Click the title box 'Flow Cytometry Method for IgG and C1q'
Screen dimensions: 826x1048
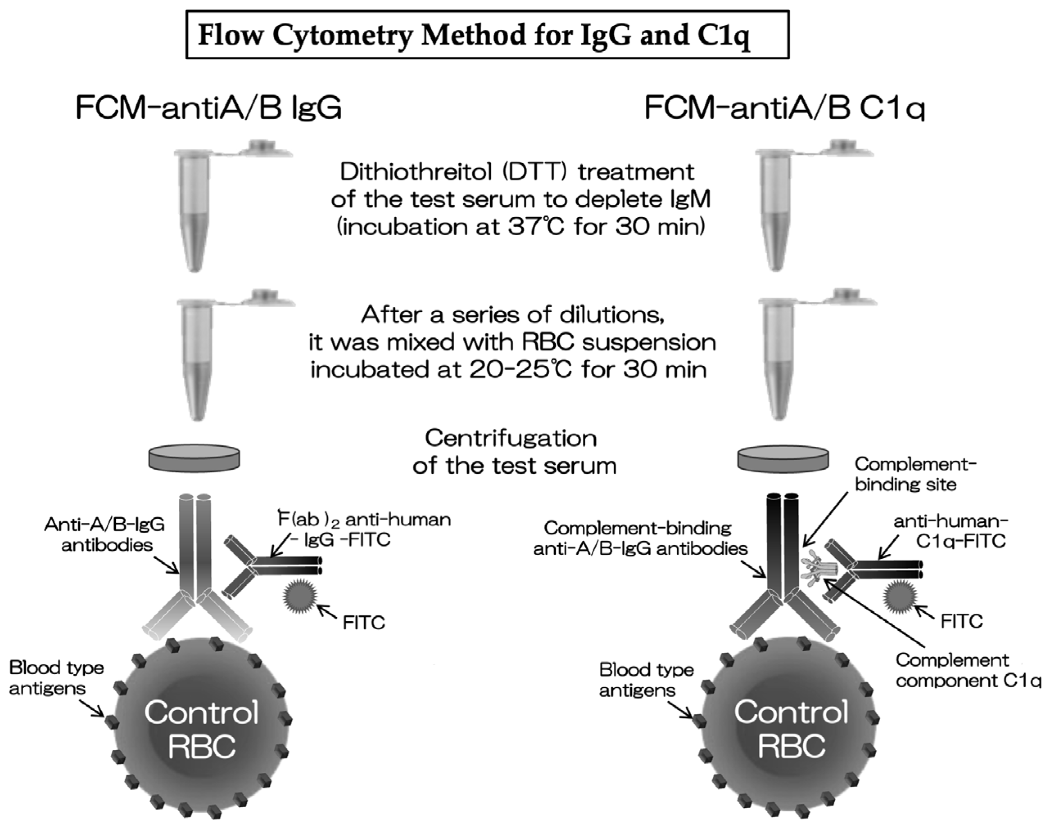pos(487,35)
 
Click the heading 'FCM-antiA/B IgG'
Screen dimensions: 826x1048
pos(209,107)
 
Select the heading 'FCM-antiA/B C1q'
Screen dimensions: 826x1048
pos(784,107)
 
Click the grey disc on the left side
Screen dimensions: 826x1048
pos(194,457)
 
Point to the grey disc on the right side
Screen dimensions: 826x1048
pos(783,457)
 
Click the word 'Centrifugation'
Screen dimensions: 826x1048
pos(511,439)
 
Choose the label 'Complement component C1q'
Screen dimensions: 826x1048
pos(967,670)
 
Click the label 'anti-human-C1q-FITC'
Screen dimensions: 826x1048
pos(951,531)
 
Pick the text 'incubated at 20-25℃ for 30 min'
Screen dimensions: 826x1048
pos(508,370)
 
